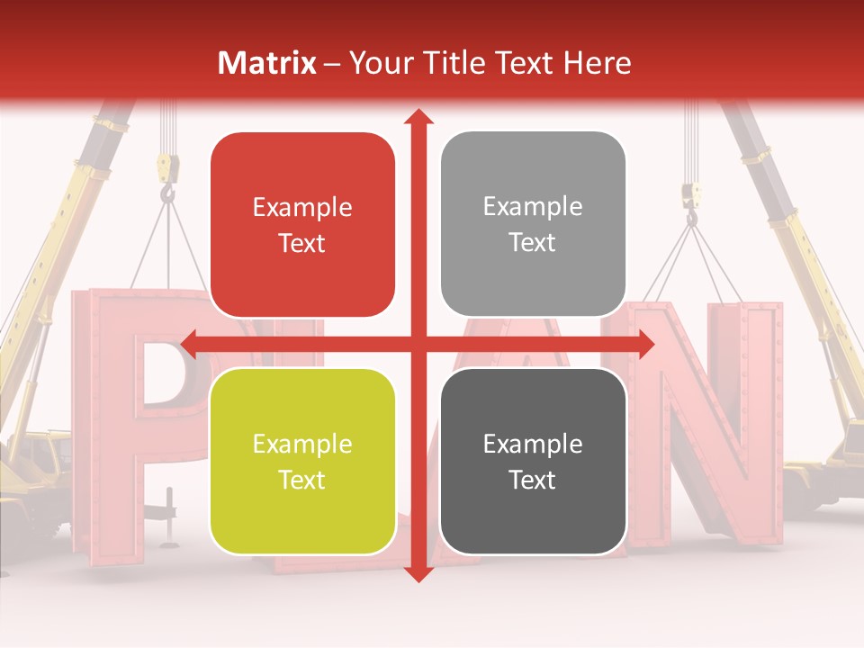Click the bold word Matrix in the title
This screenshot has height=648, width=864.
[x=267, y=63]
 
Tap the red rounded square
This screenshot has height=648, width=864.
[x=302, y=224]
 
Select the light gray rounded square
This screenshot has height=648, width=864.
[x=533, y=224]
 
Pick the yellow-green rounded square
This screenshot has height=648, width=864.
[x=302, y=461]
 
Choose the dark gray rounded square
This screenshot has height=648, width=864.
[x=533, y=461]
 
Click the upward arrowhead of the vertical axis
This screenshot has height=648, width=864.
[x=418, y=117]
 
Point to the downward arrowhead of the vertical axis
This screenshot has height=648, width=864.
[x=418, y=574]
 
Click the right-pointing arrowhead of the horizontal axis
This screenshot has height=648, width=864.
[x=645, y=343]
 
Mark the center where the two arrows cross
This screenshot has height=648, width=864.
[x=418, y=343]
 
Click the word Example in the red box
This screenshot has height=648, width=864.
[x=302, y=208]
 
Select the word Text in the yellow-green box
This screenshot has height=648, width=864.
[x=302, y=480]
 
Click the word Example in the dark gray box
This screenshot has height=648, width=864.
[x=533, y=444]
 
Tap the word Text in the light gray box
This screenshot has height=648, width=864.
[x=533, y=242]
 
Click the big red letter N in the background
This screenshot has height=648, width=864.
[x=711, y=423]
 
